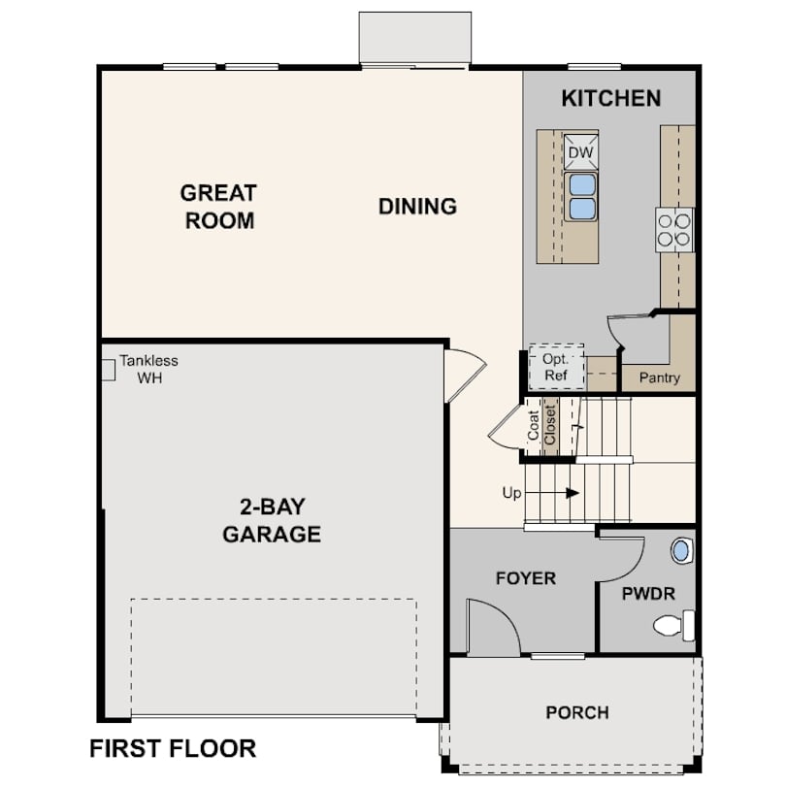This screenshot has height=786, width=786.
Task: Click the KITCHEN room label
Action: pos(611,98)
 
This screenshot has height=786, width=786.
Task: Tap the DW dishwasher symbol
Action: pos(581,152)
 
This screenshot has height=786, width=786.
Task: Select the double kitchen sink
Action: pos(581,196)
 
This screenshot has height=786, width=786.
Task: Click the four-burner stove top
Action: pos(673,230)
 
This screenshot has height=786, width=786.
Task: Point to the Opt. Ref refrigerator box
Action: pos(556,367)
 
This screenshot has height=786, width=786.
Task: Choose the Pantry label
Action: pos(659,377)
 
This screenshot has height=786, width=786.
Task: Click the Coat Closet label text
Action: pos(541,425)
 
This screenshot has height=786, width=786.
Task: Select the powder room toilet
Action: pos(673,626)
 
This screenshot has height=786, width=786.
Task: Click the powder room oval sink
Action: pos(681,550)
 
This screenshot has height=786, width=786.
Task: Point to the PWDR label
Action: pos(648,594)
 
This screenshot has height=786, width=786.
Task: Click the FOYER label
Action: pos(526,578)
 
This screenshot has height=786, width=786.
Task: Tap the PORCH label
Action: pos(577,712)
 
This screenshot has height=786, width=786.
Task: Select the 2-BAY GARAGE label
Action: pos(272,520)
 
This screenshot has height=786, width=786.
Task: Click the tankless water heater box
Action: pos(109,370)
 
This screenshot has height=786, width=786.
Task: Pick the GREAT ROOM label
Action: pos(218,207)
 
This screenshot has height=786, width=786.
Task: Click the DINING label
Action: pos(417,207)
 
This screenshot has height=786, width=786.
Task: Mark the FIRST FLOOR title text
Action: pos(173,748)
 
